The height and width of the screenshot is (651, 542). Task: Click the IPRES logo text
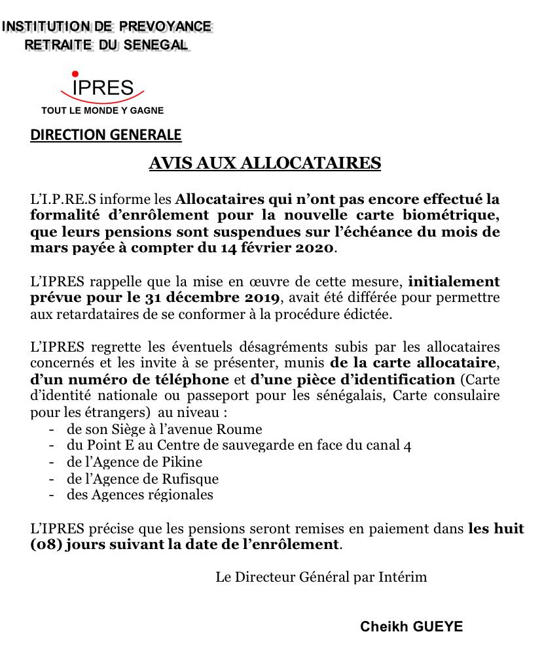pyautogui.click(x=103, y=88)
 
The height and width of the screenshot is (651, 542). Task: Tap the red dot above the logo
pyautogui.click(x=75, y=74)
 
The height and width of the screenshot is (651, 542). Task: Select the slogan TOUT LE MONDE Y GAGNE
pyautogui.click(x=103, y=110)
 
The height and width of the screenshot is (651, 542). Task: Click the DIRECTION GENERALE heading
pyautogui.click(x=106, y=135)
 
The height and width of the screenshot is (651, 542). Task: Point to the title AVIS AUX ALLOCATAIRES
pyautogui.click(x=264, y=163)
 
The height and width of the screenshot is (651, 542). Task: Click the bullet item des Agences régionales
pyautogui.click(x=139, y=495)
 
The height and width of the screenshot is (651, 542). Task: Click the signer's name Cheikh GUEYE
pyautogui.click(x=411, y=627)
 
